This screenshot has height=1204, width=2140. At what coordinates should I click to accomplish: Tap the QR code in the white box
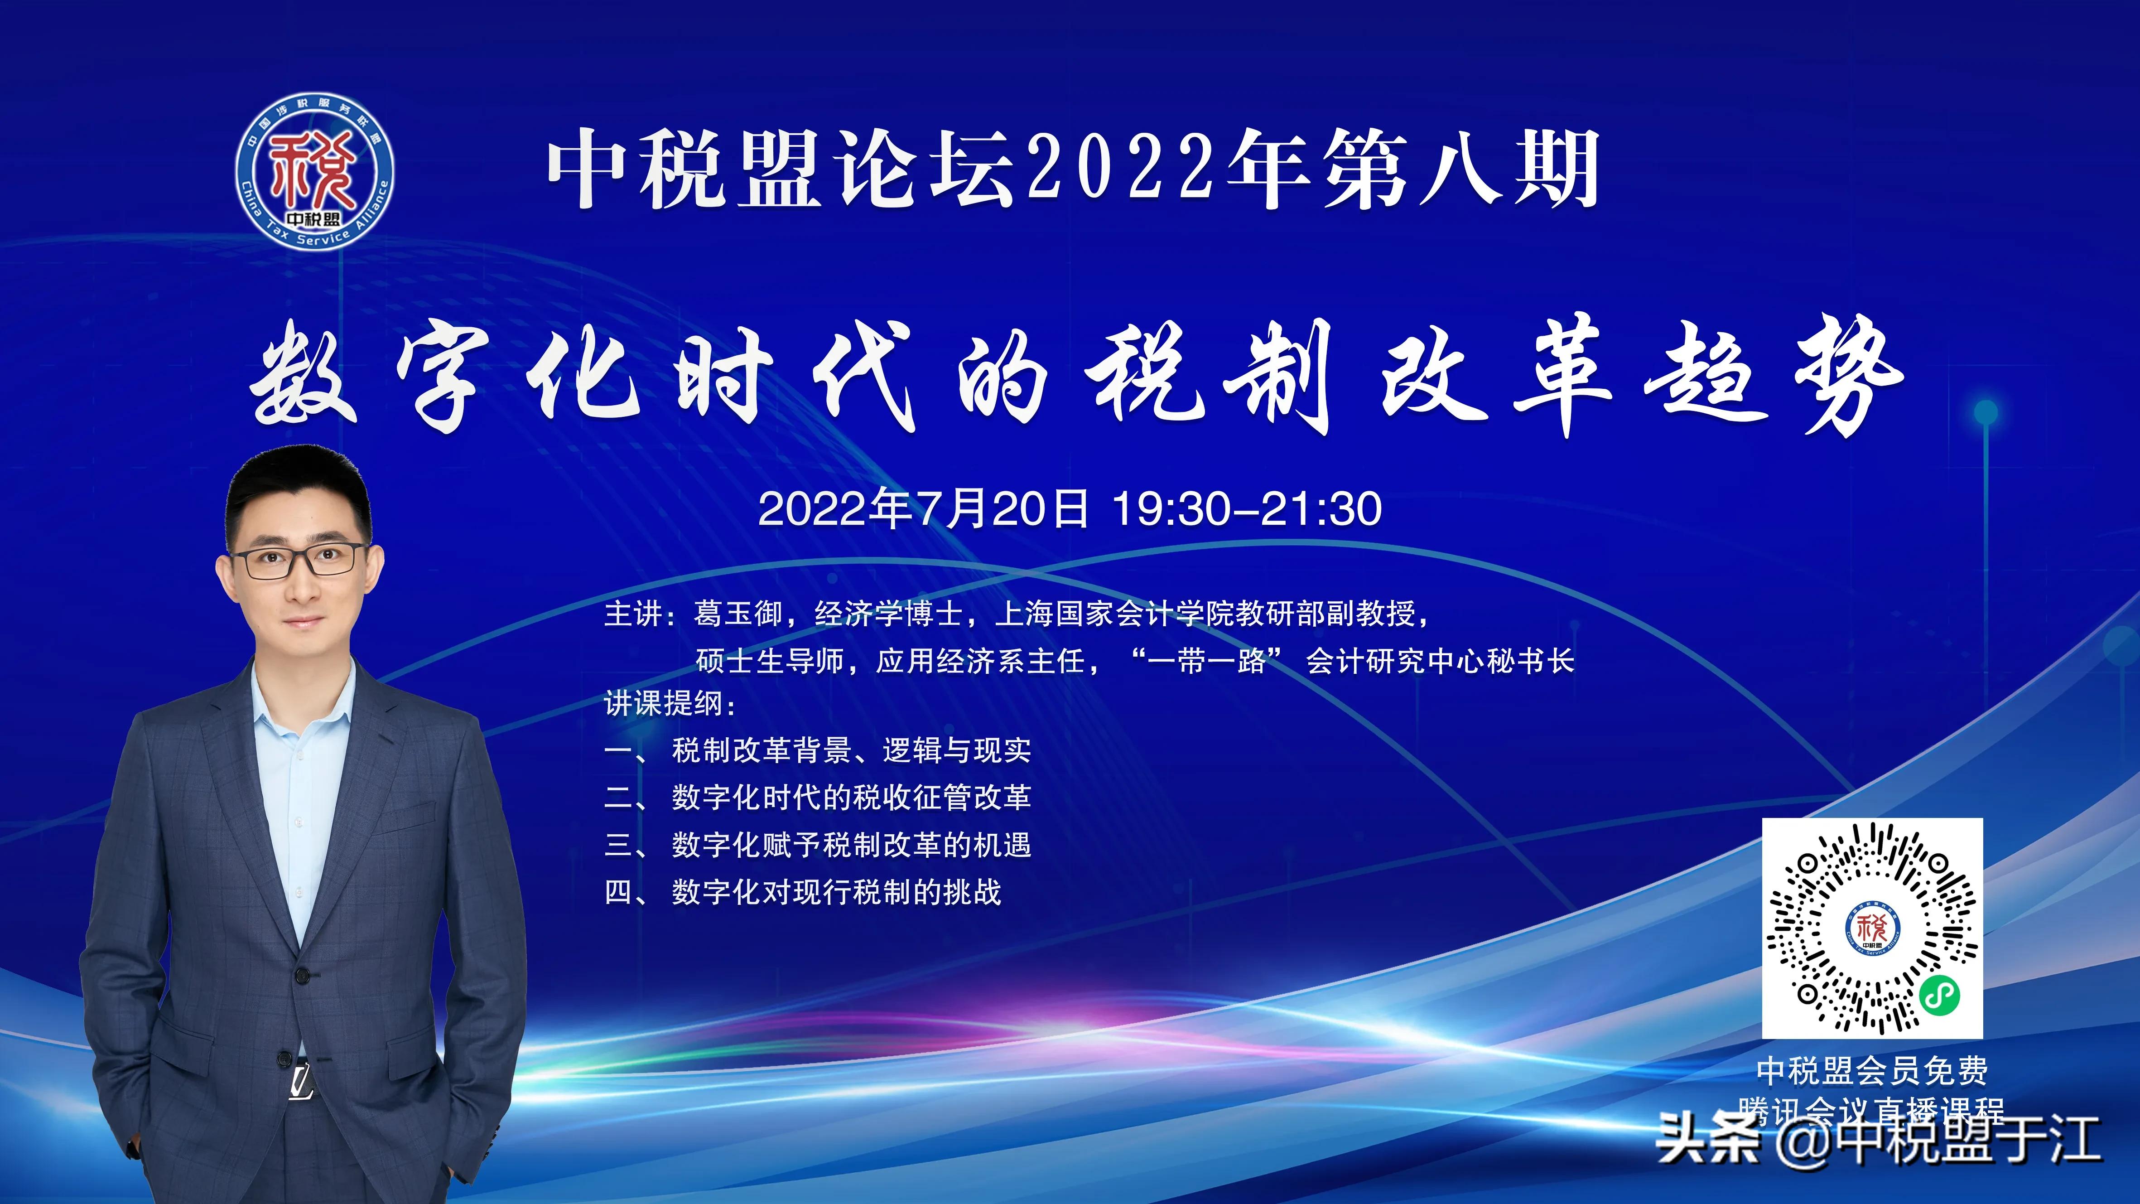1873,927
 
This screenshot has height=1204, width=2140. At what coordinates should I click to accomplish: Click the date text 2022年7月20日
923,508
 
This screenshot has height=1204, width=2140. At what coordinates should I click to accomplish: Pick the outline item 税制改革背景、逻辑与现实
852,750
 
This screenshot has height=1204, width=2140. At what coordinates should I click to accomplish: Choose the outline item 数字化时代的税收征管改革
852,798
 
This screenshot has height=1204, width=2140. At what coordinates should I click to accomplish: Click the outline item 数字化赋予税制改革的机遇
852,845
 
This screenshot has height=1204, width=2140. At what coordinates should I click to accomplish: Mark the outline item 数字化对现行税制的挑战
837,892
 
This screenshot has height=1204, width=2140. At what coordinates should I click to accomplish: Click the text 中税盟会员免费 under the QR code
1873,1071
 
